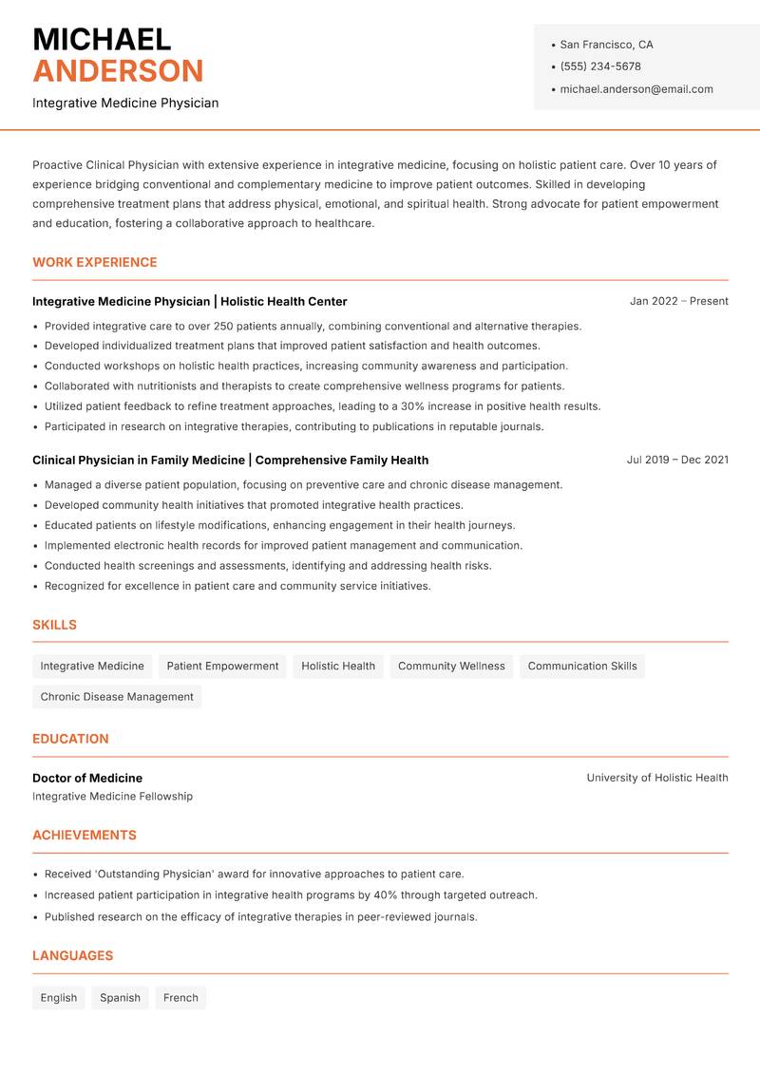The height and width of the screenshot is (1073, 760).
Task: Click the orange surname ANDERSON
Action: tap(118, 71)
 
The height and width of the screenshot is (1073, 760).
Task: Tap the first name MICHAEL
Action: tap(102, 39)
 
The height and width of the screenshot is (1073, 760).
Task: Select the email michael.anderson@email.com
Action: tap(636, 89)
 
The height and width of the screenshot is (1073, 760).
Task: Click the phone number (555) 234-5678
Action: tap(599, 66)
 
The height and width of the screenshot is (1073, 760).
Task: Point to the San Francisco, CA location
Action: tap(606, 45)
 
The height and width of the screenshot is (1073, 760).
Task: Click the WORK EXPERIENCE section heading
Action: tap(95, 262)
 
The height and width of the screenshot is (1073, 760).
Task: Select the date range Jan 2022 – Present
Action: tap(678, 301)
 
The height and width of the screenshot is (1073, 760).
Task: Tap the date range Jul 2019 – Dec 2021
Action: tap(677, 460)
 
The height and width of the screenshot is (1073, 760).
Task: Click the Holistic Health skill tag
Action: tap(338, 667)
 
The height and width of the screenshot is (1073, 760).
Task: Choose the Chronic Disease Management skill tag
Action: tap(117, 697)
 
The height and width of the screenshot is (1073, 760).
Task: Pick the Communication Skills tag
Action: tap(582, 667)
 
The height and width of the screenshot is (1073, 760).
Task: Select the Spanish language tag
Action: tap(120, 998)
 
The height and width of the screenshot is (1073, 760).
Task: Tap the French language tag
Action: tap(180, 998)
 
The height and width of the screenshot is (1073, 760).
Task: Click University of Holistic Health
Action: tap(656, 778)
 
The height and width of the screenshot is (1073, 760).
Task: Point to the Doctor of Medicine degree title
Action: tap(87, 778)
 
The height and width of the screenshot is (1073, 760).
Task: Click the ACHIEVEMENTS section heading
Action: tap(85, 836)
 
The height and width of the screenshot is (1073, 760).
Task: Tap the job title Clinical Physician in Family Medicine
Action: tap(139, 460)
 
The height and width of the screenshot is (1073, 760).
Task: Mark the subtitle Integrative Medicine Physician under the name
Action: tap(125, 103)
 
